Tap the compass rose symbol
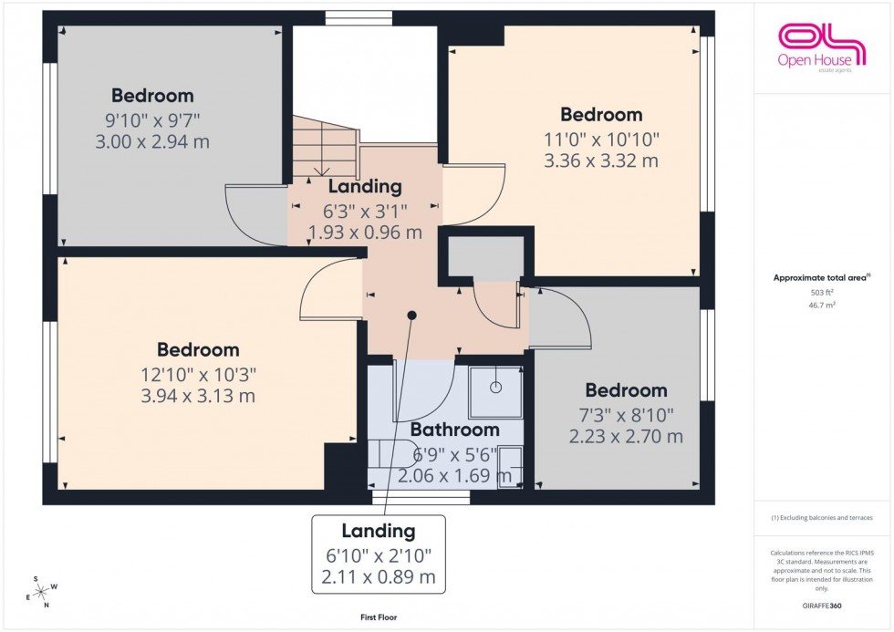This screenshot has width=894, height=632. pyautogui.click(x=39, y=592)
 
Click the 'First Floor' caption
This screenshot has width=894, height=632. pyautogui.click(x=378, y=617)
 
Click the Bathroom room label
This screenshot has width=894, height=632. pyautogui.click(x=454, y=430)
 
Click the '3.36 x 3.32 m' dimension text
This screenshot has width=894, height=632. pyautogui.click(x=601, y=161)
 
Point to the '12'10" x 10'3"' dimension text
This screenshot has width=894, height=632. pyautogui.click(x=198, y=373)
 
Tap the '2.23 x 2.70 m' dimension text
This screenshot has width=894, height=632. pyautogui.click(x=626, y=437)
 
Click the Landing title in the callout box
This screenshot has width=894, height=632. pyautogui.click(x=379, y=531)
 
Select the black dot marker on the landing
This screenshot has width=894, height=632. pyautogui.click(x=412, y=316)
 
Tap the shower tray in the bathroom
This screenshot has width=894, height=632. pyautogui.click(x=495, y=389)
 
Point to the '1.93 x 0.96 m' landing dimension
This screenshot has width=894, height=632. pyautogui.click(x=365, y=232)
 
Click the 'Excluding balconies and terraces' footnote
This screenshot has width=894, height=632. pyautogui.click(x=822, y=517)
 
